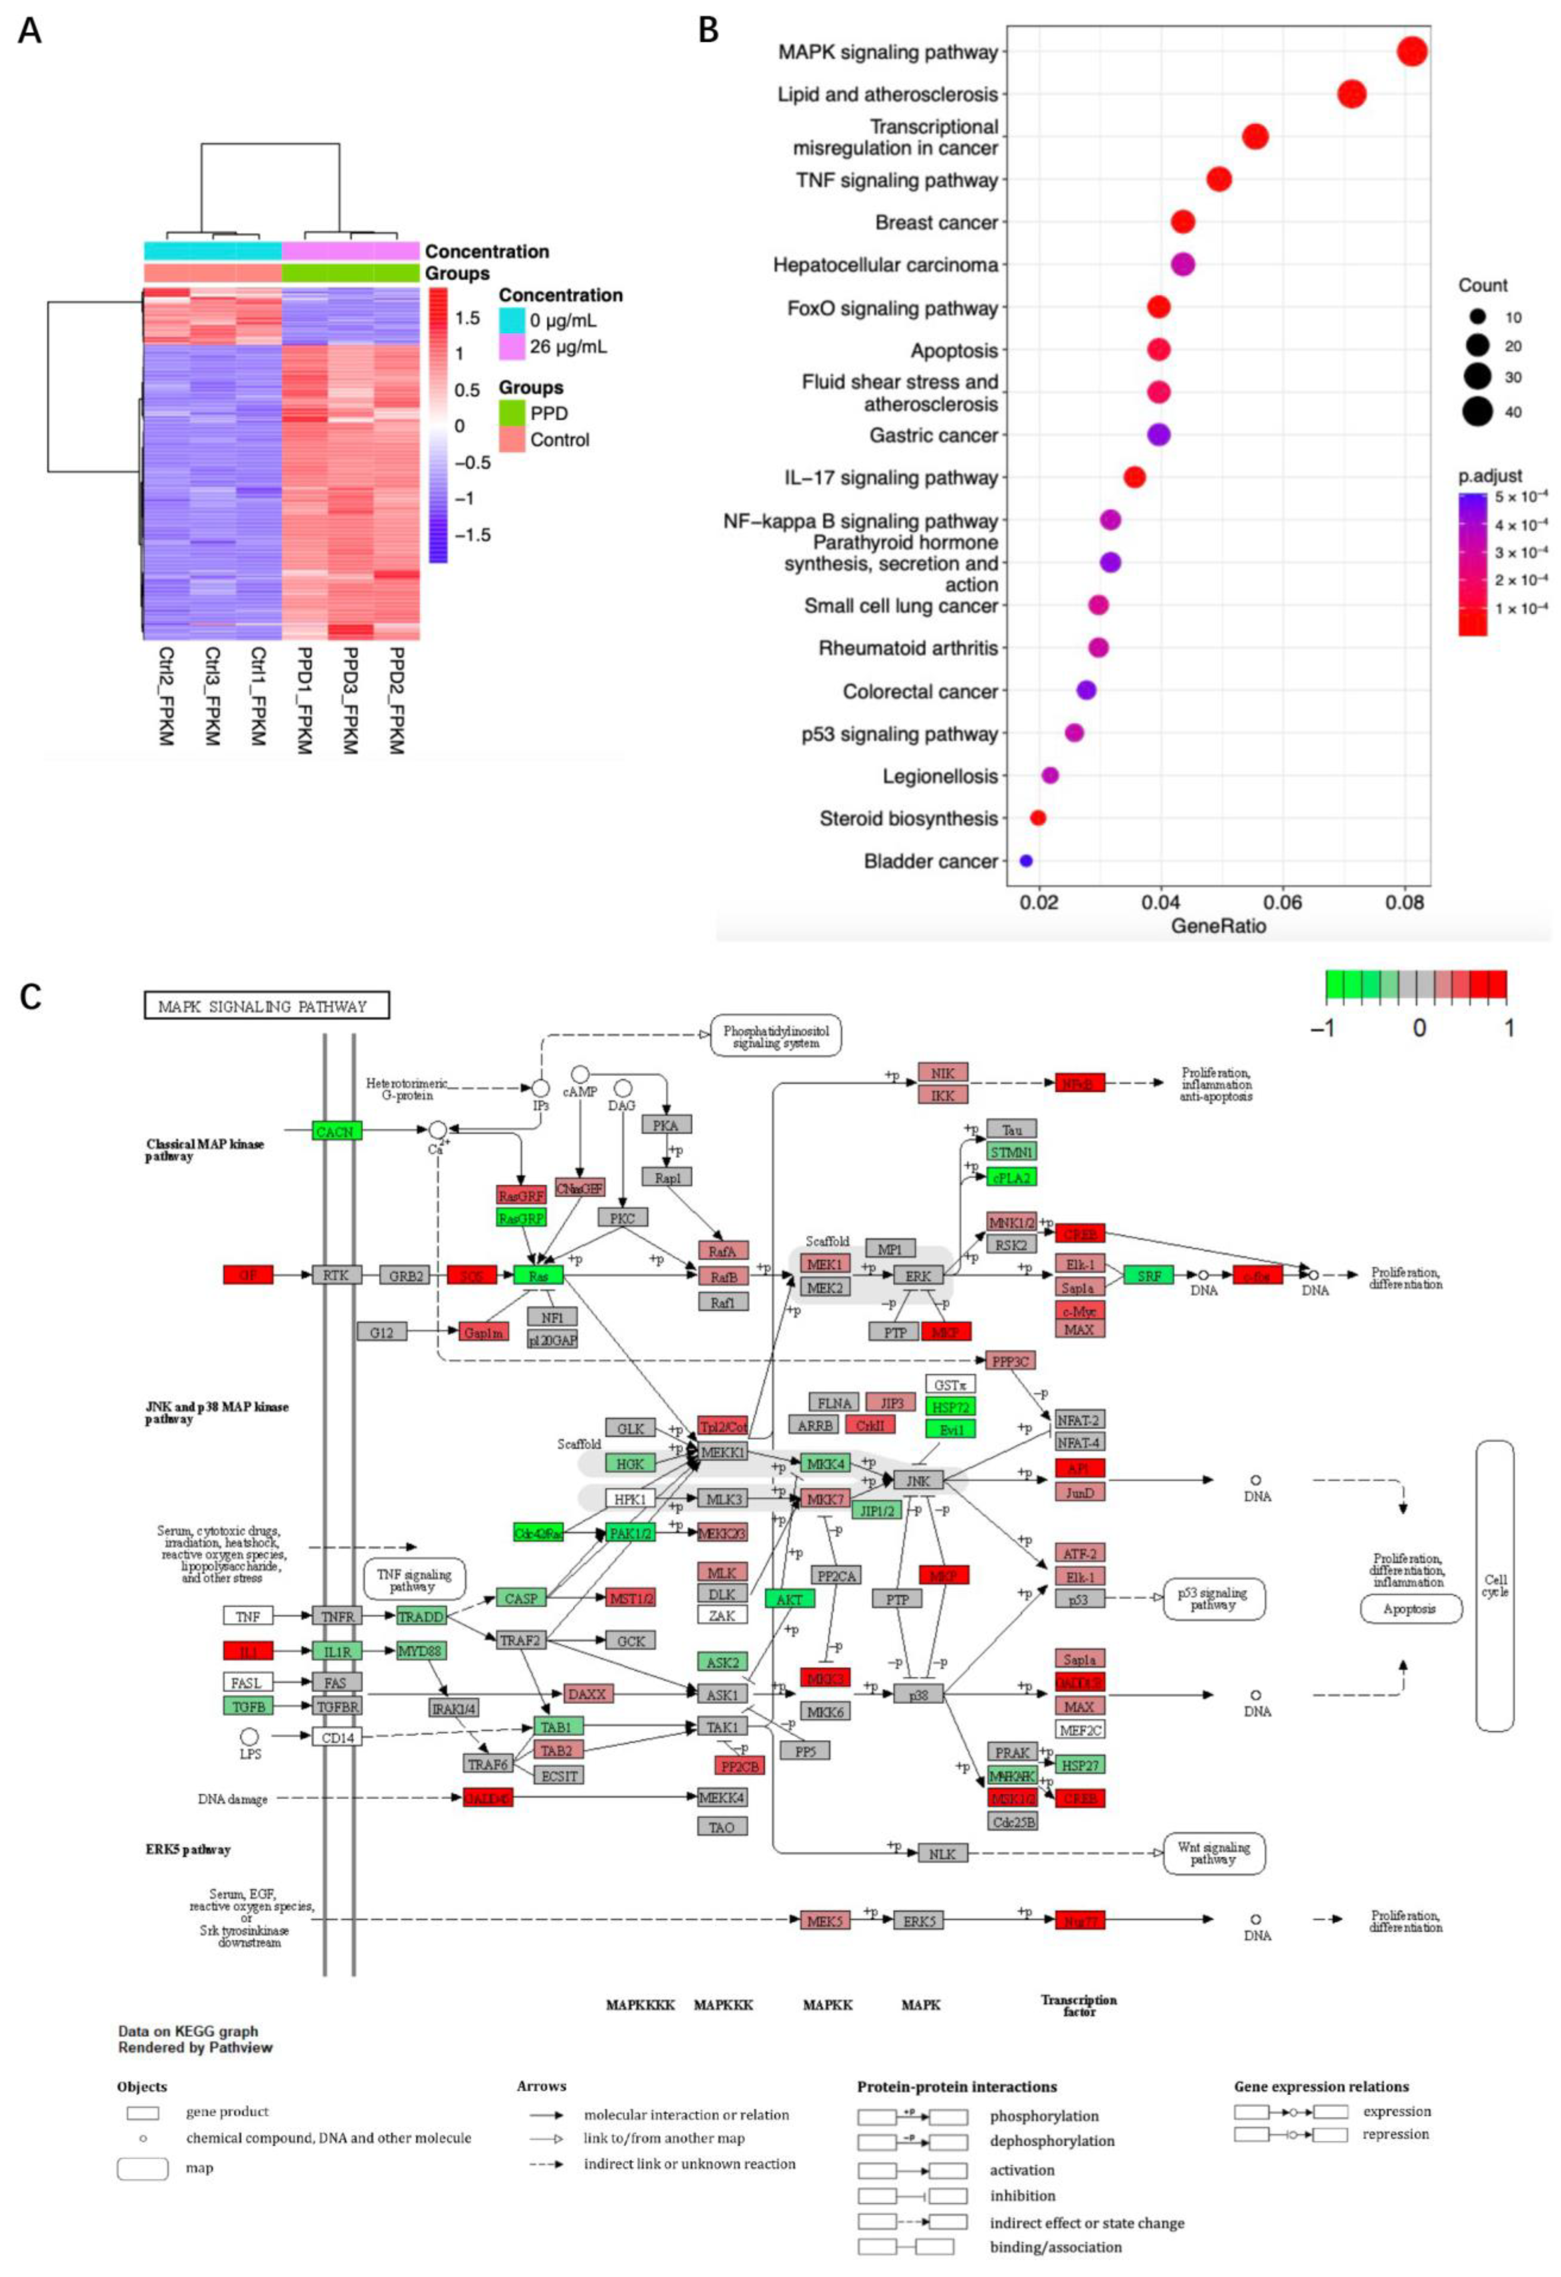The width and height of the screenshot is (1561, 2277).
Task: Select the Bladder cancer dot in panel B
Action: pyautogui.click(x=1025, y=860)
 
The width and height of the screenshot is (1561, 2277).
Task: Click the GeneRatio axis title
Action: pyautogui.click(x=1218, y=926)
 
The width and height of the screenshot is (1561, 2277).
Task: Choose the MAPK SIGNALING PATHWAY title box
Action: pyautogui.click(x=267, y=1005)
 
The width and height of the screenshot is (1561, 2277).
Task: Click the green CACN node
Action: pyautogui.click(x=335, y=1131)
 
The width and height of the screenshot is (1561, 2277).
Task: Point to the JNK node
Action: pyautogui.click(x=917, y=1480)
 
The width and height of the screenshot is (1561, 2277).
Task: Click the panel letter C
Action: pyautogui.click(x=30, y=997)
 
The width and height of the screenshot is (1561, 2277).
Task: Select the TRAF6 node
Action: pyautogui.click(x=487, y=1764)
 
